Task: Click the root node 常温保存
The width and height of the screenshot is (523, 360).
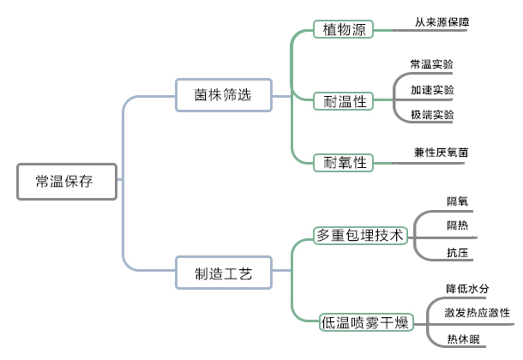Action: coord(66,182)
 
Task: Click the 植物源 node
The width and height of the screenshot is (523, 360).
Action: coord(344,31)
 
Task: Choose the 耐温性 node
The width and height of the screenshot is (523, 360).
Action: coord(344,102)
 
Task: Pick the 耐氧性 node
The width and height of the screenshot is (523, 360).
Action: coord(344,162)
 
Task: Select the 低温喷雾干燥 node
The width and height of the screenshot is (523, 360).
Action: coord(366,322)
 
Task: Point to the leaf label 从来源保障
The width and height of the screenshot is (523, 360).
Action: coord(442,21)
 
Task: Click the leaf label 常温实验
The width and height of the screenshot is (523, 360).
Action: coord(432,64)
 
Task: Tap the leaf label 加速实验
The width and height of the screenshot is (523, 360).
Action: coord(432,89)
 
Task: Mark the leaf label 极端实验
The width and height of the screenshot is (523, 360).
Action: coord(432,115)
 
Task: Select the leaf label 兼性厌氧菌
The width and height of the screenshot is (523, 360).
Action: coord(442,153)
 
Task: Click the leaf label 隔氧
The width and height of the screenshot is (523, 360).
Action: coord(457,201)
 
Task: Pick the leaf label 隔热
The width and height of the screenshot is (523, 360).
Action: coord(457,226)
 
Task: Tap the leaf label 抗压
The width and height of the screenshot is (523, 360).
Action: coord(457,252)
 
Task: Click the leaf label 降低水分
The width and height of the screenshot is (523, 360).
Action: coord(467,288)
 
